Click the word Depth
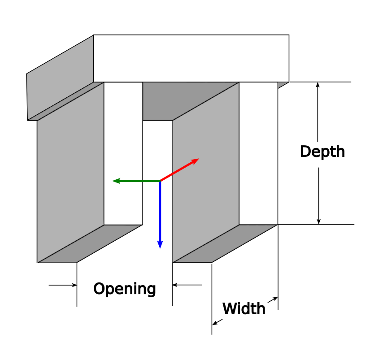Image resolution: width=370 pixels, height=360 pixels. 322,152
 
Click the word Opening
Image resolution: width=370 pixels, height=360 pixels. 124,289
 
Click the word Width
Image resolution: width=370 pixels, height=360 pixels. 244,308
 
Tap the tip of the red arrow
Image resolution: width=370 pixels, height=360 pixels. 198,159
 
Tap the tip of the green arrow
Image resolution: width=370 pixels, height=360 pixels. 113,181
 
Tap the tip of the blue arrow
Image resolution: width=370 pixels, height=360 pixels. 160,247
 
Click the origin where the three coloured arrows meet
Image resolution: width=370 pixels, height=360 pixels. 160,181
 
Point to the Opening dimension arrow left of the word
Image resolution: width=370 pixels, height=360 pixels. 74,285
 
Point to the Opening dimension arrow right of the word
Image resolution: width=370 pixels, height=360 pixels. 175,285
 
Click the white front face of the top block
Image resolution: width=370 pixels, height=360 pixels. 191,58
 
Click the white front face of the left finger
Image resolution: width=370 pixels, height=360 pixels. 123,152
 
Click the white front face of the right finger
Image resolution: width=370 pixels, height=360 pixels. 258,152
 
